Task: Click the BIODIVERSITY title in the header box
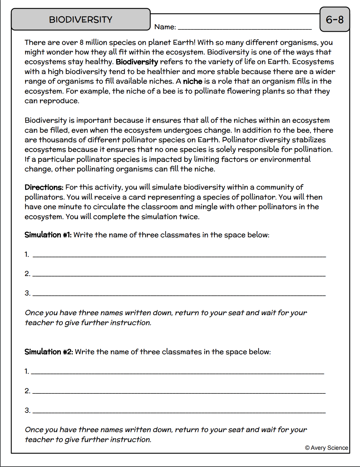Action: pyautogui.click(x=81, y=20)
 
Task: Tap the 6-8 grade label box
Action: pyautogui.click(x=335, y=20)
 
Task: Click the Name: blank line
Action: pyautogui.click(x=245, y=28)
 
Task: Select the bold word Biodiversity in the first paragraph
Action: pyautogui.click(x=137, y=62)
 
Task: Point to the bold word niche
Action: pyautogui.click(x=192, y=81)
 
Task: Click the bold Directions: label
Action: pyautogui.click(x=44, y=187)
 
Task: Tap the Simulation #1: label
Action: pyautogui.click(x=48, y=235)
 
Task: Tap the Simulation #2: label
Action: pyautogui.click(x=49, y=352)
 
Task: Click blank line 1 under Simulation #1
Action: pyautogui.click(x=179, y=255)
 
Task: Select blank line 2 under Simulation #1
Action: pyautogui.click(x=179, y=275)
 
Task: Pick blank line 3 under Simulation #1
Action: pyautogui.click(x=179, y=294)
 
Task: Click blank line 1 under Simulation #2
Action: pyautogui.click(x=177, y=372)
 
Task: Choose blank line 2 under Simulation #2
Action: pyautogui.click(x=179, y=392)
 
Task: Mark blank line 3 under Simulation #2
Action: pyautogui.click(x=179, y=411)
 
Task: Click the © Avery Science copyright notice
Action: pyautogui.click(x=326, y=448)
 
